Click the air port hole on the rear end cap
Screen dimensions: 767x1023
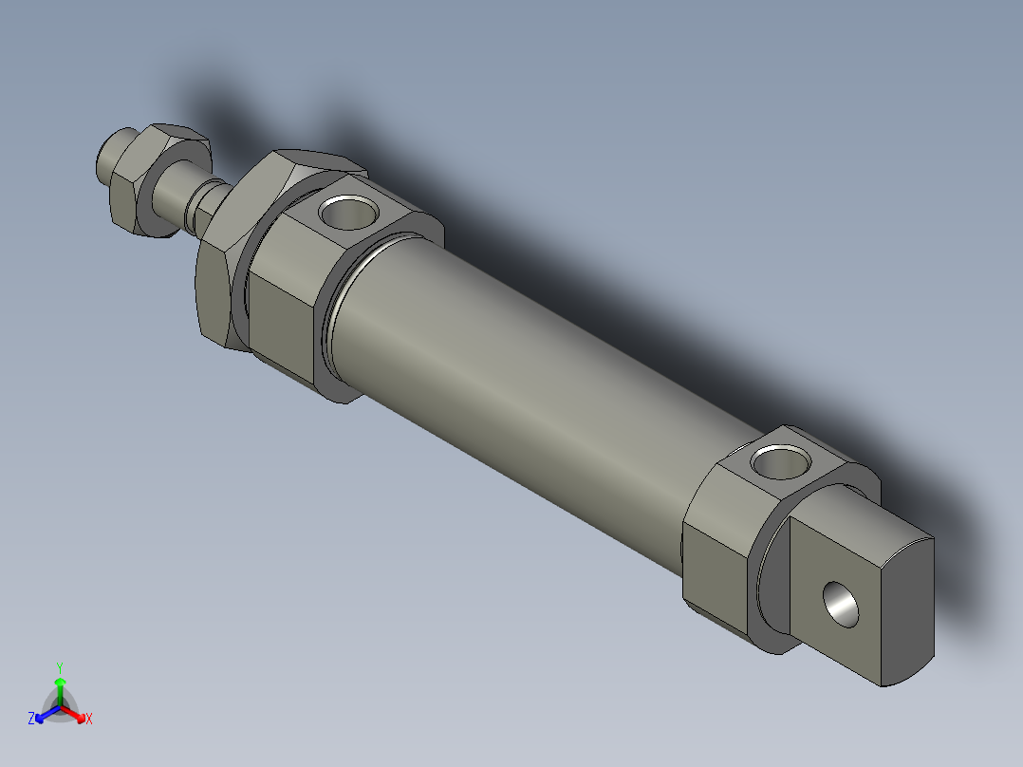coord(781,463)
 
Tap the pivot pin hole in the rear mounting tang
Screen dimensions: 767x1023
coord(841,605)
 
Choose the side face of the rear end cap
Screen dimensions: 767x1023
coord(716,570)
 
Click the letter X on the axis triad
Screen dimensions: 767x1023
coord(89,719)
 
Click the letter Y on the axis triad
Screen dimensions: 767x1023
coord(60,667)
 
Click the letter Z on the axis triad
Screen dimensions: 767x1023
coord(31,719)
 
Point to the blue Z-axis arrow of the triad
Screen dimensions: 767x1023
coord(45,714)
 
